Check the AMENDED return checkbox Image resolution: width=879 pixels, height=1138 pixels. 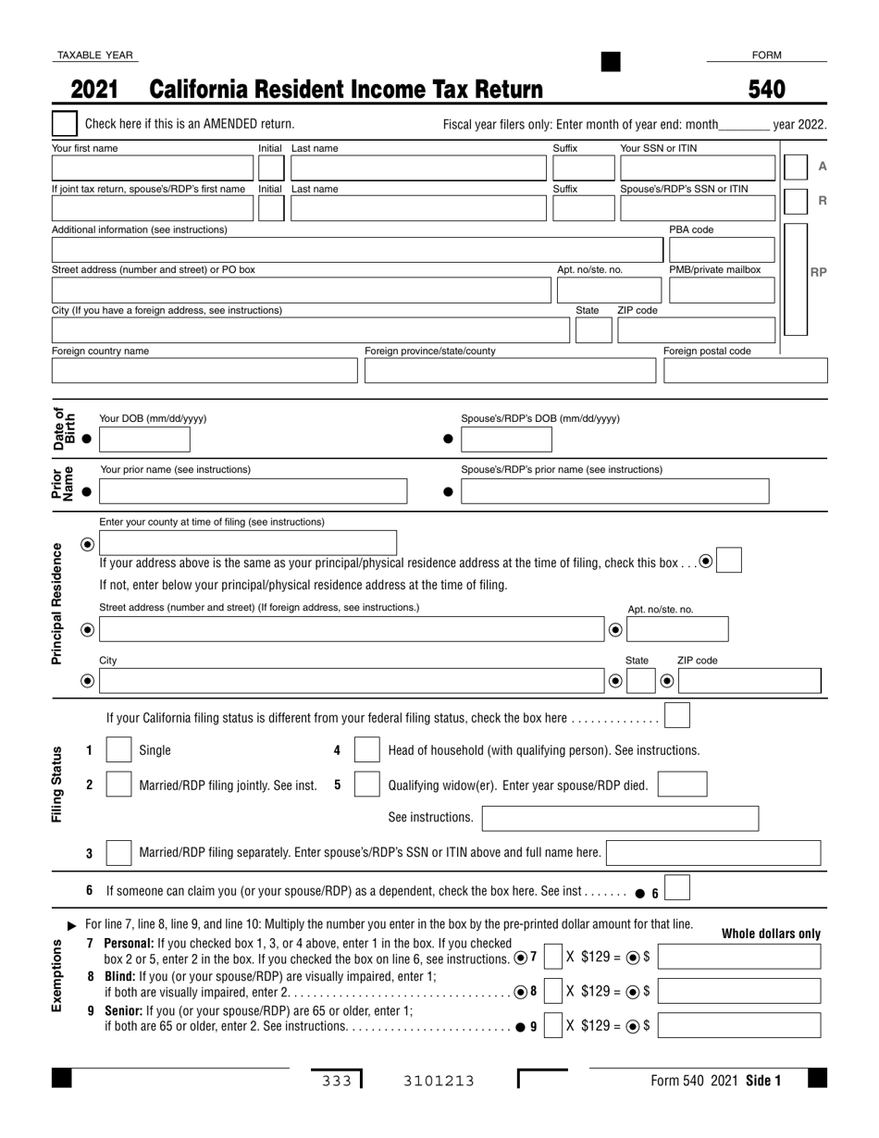pyautogui.click(x=65, y=124)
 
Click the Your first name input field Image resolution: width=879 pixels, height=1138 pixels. pyautogui.click(x=152, y=168)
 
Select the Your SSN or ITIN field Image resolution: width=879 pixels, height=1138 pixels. pyautogui.click(x=697, y=168)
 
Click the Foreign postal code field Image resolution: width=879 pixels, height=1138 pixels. pyautogui.click(x=745, y=370)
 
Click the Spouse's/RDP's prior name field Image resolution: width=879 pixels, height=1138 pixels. pyautogui.click(x=614, y=491)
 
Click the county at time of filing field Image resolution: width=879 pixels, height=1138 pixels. pyautogui.click(x=248, y=543)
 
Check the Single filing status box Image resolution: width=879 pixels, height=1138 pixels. pyautogui.click(x=118, y=750)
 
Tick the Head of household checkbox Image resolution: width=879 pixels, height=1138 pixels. pyautogui.click(x=367, y=750)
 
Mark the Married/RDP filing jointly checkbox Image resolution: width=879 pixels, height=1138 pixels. pyautogui.click(x=118, y=785)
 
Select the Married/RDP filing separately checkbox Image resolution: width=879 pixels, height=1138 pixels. pyautogui.click(x=118, y=853)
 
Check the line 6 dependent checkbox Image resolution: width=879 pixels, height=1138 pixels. pyautogui.click(x=677, y=890)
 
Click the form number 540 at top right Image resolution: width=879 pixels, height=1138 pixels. pyautogui.click(x=766, y=90)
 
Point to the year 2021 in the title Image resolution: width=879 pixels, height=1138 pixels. pyautogui.click(x=94, y=90)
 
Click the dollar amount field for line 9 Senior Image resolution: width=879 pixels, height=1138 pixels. pyautogui.click(x=739, y=1025)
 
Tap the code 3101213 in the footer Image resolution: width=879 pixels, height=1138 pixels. pyautogui.click(x=439, y=1081)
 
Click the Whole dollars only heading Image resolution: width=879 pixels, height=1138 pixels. pyautogui.click(x=771, y=934)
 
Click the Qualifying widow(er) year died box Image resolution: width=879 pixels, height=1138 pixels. pyautogui.click(x=682, y=785)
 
